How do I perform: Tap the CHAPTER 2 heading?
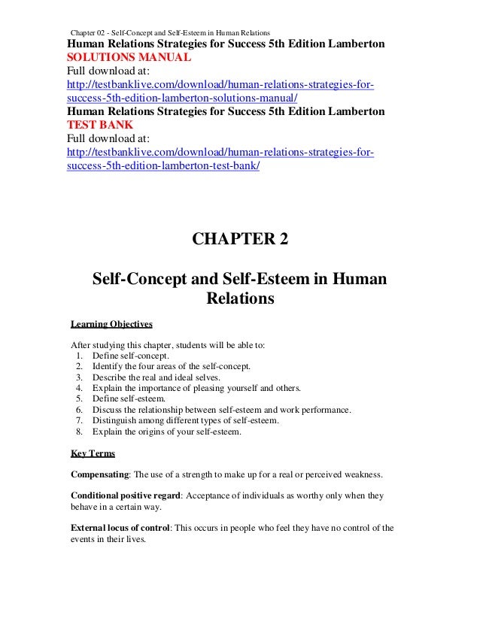pos(240,241)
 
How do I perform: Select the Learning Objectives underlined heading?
pos(111,325)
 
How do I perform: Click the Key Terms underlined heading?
pos(90,454)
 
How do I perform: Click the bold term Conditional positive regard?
pos(125,497)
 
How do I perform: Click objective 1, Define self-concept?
pos(131,356)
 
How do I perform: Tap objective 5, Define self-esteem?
pos(129,398)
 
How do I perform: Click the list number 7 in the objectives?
pos(79,420)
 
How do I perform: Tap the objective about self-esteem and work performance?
pos(221,410)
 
